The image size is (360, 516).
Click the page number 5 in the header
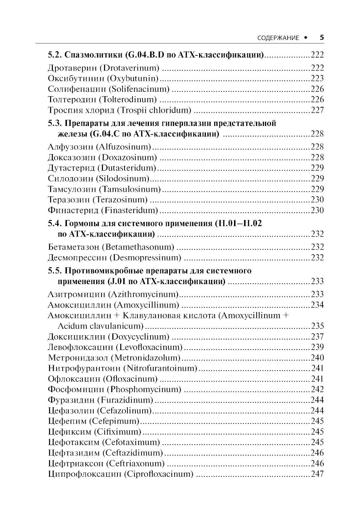(322, 37)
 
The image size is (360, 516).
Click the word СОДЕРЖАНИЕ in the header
(278, 38)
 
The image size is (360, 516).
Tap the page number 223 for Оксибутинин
(317, 78)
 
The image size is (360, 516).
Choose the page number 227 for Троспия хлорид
(317, 110)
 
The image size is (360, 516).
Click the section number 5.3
(55, 123)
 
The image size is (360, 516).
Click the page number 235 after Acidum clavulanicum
(317, 326)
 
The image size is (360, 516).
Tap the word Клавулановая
(151, 315)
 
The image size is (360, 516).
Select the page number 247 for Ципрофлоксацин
(317, 474)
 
